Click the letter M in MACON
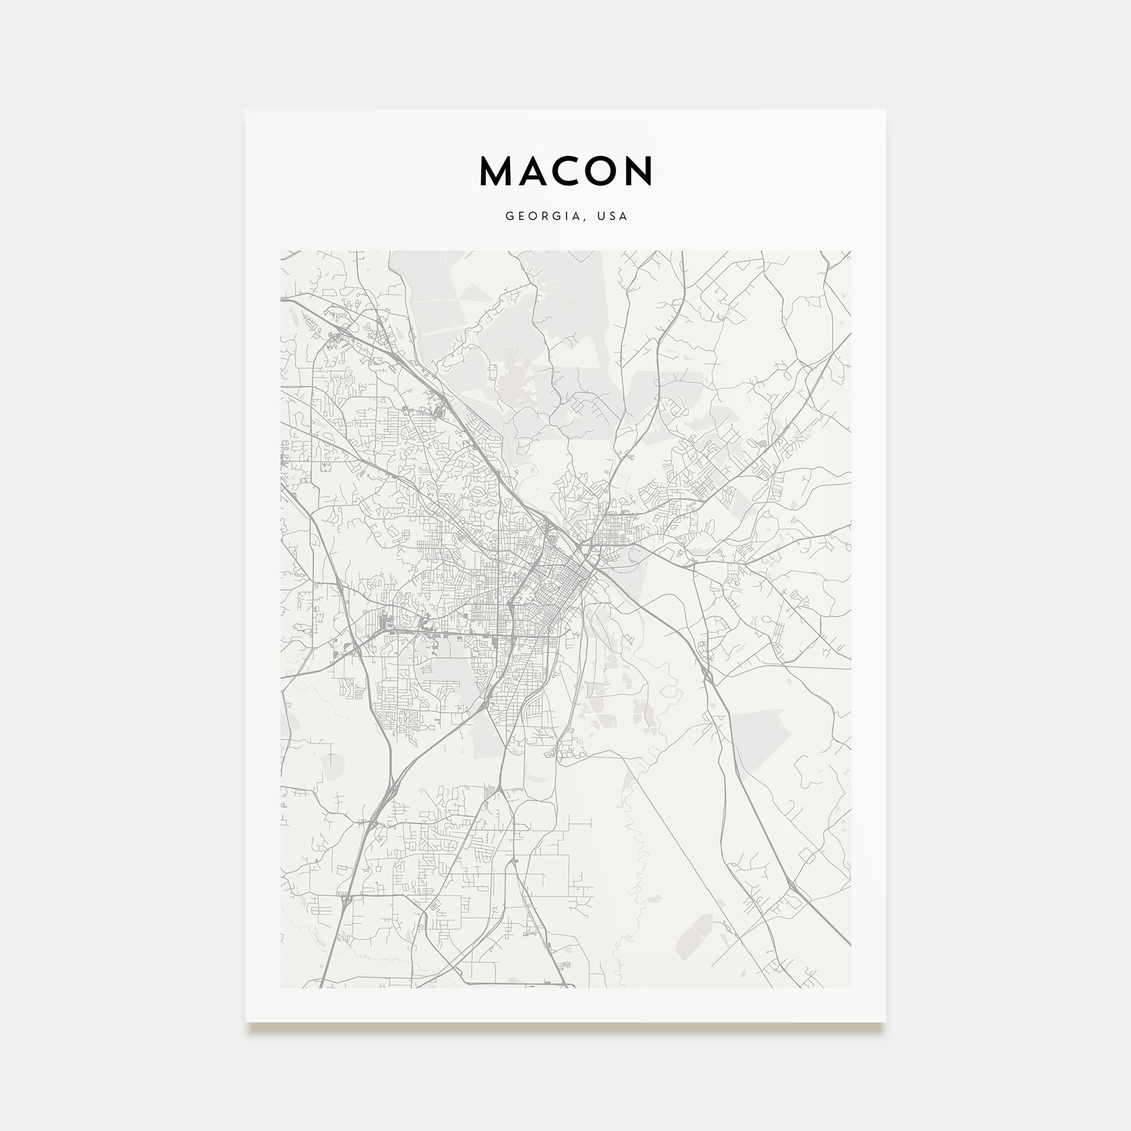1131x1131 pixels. tap(497, 171)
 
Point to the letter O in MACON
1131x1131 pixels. tap(601, 171)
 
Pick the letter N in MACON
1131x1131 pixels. tap(638, 171)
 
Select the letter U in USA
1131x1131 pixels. tap(600, 216)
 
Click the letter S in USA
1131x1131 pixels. tap(612, 216)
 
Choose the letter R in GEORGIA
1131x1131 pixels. tap(545, 216)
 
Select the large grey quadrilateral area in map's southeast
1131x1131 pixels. tap(755, 737)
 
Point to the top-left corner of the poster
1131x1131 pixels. tap(246, 110)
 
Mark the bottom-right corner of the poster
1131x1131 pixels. tap(885, 1021)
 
